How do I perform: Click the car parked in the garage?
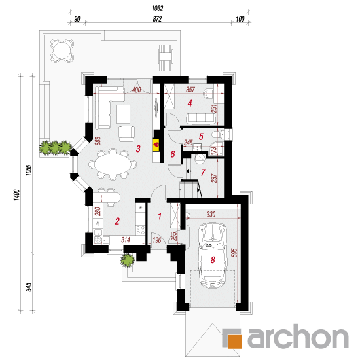[x=213, y=255]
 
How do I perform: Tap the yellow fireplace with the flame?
[x=156, y=145]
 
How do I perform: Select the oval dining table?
[x=113, y=164]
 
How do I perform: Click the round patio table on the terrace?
[x=62, y=50]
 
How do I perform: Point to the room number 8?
[x=213, y=260]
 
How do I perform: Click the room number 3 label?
[x=138, y=149]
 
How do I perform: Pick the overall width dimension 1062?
[x=157, y=9]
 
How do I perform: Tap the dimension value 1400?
[x=17, y=195]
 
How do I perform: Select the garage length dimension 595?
[x=234, y=252]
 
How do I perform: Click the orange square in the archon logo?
[x=234, y=342]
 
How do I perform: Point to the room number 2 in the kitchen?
[x=117, y=221]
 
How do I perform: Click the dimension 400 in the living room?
[x=136, y=90]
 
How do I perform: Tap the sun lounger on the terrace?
[x=165, y=58]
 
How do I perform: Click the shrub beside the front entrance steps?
[x=128, y=260]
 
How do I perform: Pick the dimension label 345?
[x=29, y=287]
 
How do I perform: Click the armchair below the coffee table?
[x=126, y=134]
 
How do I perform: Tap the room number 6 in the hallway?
[x=173, y=154]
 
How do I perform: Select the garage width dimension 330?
[x=211, y=214]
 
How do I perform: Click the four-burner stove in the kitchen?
[x=141, y=230]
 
